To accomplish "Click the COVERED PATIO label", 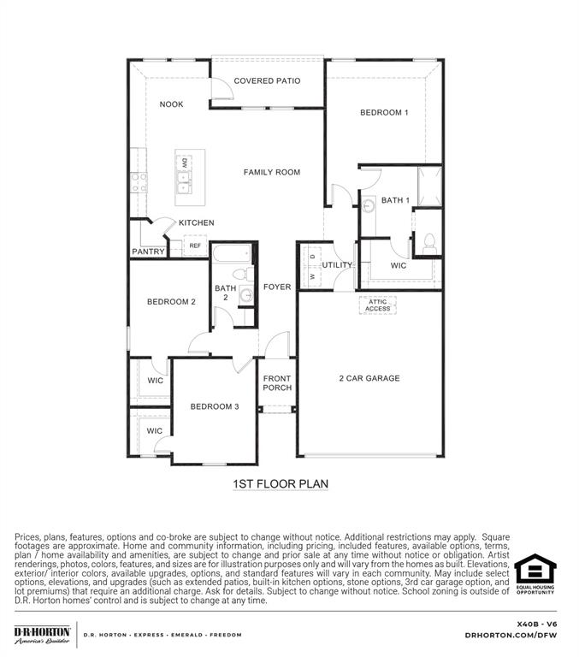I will click(267, 81).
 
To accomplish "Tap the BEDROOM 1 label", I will click(384, 113).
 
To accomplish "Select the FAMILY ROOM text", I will click(272, 173).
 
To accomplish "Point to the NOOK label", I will click(171, 104).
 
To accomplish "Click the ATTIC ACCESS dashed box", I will click(378, 305).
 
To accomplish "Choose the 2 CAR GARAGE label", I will click(369, 378).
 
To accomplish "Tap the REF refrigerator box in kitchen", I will click(195, 246).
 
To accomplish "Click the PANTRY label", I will click(148, 252).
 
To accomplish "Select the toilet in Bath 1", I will click(428, 242).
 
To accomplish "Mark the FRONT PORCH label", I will click(277, 383).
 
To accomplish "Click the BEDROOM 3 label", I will click(215, 406).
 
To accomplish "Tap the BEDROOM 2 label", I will click(171, 302).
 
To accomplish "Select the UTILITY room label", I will click(337, 265).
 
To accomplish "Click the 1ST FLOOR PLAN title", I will click(281, 484).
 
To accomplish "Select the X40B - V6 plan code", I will click(537, 624).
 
